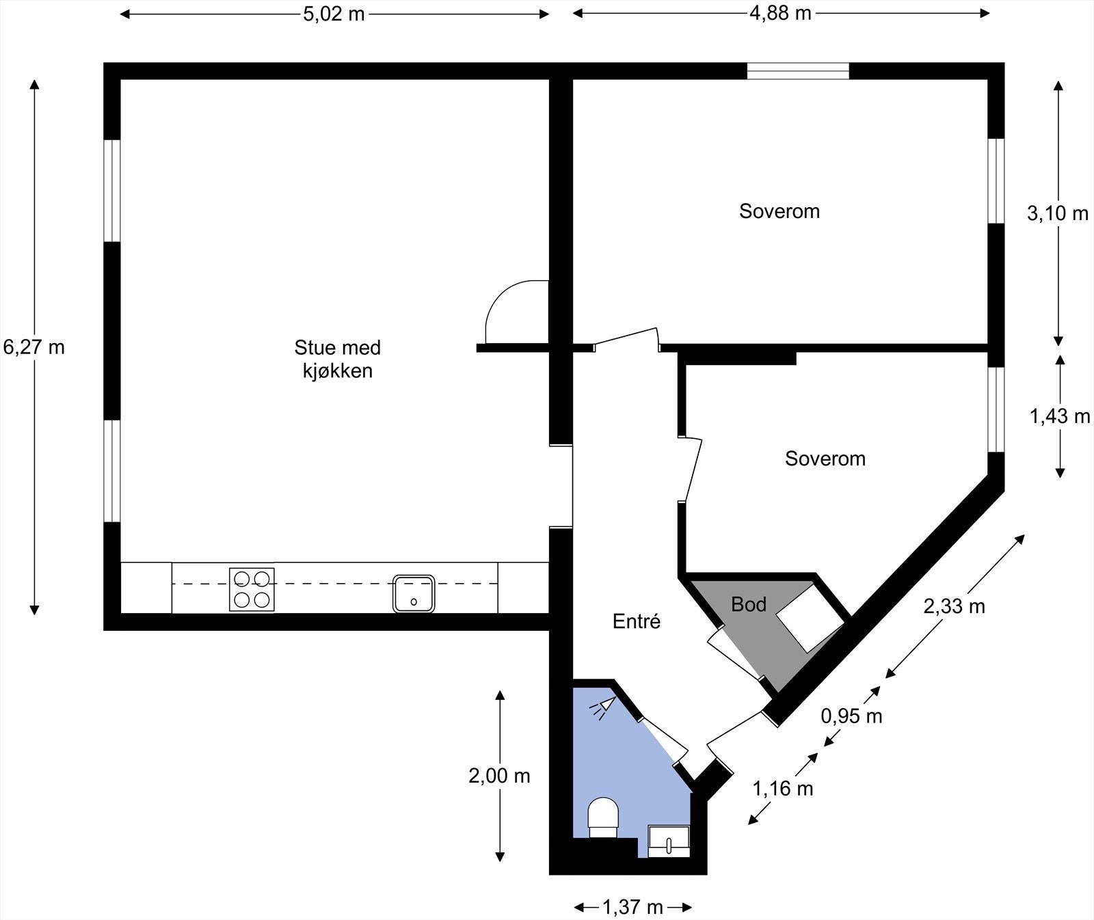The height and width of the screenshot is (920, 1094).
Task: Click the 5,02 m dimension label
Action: pyautogui.click(x=334, y=14)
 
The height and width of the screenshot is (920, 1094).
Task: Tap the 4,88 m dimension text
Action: pyautogui.click(x=780, y=13)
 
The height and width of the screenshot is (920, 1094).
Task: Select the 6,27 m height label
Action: pyautogui.click(x=34, y=347)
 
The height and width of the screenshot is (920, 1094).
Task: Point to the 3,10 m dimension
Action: pyautogui.click(x=1057, y=213)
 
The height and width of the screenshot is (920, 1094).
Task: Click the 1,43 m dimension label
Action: pyautogui.click(x=1059, y=416)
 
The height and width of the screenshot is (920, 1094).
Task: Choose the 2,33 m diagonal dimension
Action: pyautogui.click(x=954, y=606)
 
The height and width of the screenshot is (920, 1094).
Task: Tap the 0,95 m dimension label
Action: pyautogui.click(x=851, y=716)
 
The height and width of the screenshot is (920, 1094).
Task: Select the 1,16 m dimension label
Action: pyautogui.click(x=783, y=789)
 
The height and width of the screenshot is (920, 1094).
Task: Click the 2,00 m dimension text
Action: pyautogui.click(x=499, y=776)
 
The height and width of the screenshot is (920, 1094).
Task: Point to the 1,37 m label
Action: pyautogui.click(x=632, y=908)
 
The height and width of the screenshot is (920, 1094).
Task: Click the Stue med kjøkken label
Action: pyautogui.click(x=338, y=359)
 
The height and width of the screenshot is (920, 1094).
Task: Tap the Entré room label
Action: pyautogui.click(x=637, y=621)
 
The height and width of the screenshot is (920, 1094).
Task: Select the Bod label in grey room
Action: pyautogui.click(x=749, y=604)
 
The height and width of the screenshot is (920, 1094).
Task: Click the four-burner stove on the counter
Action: pyautogui.click(x=252, y=589)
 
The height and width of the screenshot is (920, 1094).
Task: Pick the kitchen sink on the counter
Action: pyautogui.click(x=414, y=593)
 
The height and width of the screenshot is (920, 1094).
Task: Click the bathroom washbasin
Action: pyautogui.click(x=668, y=841)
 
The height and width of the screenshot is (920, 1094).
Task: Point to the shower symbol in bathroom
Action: pyautogui.click(x=603, y=707)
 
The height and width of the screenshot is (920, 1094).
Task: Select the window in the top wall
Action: pyautogui.click(x=797, y=71)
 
